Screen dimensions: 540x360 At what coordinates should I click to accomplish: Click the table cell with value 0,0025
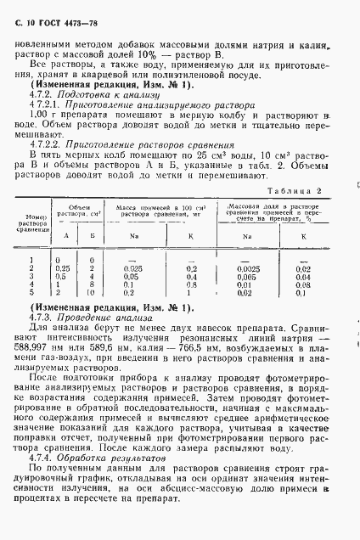[247, 267]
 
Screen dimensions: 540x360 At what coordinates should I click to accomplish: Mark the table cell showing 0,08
[302, 284]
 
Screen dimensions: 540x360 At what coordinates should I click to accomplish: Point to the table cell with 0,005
[247, 276]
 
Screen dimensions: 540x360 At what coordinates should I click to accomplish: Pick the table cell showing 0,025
[132, 268]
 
